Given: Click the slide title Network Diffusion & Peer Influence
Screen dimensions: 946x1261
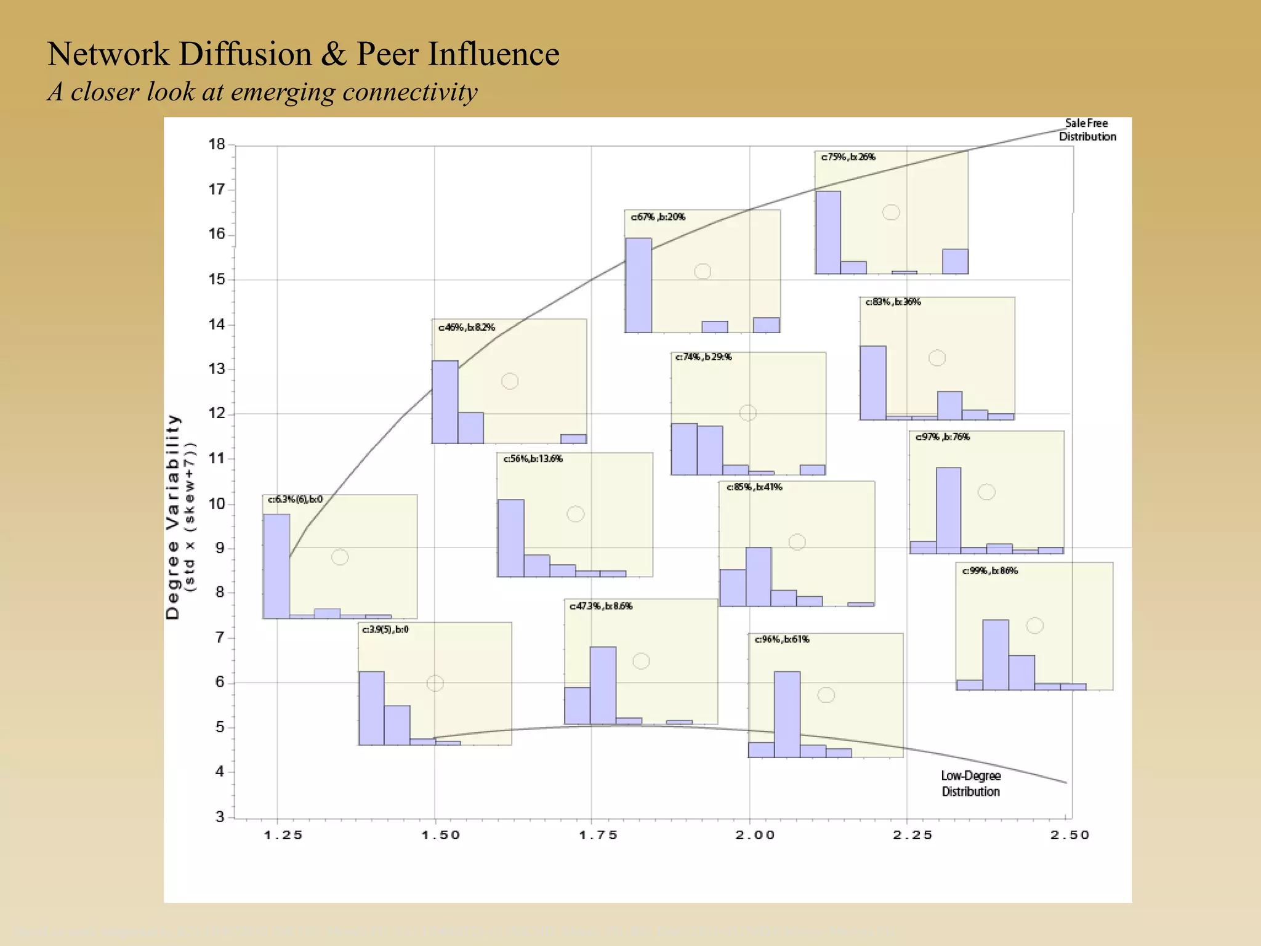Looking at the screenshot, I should pyautogui.click(x=303, y=54).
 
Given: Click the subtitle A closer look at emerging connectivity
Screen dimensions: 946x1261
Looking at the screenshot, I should pyautogui.click(x=262, y=92).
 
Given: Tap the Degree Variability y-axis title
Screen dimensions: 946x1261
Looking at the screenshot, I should pyautogui.click(x=174, y=516).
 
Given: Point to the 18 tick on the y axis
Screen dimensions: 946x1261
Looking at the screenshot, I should pyautogui.click(x=217, y=145).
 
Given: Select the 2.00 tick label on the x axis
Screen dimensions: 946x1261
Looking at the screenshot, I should pyautogui.click(x=755, y=835).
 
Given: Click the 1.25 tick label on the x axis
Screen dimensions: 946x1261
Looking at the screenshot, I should pyautogui.click(x=283, y=835).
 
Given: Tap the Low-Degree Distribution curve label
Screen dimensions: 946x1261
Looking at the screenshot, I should pyautogui.click(x=970, y=783).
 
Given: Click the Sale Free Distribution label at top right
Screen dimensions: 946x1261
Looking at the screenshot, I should pyautogui.click(x=1087, y=130).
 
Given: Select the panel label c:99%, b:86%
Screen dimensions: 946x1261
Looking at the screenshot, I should pyautogui.click(x=990, y=571).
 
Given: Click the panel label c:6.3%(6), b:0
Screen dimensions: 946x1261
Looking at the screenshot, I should pyautogui.click(x=295, y=499).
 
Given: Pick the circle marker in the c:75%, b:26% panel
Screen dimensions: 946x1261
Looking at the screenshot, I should pyautogui.click(x=891, y=212).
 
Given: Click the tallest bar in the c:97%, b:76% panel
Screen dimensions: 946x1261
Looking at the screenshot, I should pyautogui.click(x=948, y=510).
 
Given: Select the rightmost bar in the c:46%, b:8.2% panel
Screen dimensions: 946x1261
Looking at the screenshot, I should pyautogui.click(x=573, y=439).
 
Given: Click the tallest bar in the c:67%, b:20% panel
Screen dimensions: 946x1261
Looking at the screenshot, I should pyautogui.click(x=639, y=285).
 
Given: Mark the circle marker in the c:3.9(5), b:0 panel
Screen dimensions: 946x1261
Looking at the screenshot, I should pyautogui.click(x=435, y=683).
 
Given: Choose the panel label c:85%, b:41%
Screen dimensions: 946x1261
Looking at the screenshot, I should pyautogui.click(x=754, y=487).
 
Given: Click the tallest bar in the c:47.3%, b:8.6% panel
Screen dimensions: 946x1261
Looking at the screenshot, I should pyautogui.click(x=603, y=685).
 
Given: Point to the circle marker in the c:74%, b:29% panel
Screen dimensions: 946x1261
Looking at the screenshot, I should pyautogui.click(x=747, y=413).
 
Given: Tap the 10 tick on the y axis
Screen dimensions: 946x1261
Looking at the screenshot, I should pyautogui.click(x=217, y=504).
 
